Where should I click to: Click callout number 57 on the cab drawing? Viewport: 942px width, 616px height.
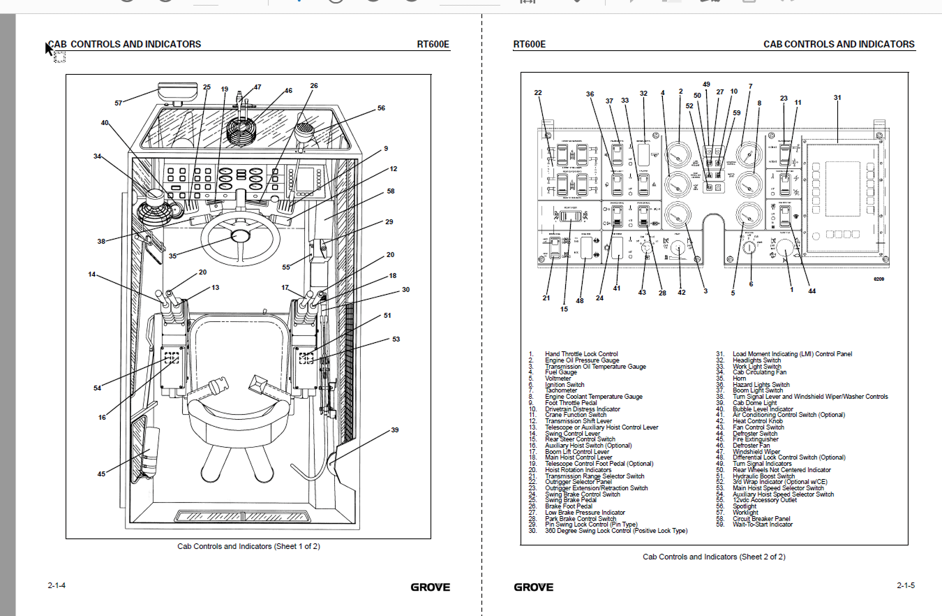(x=119, y=103)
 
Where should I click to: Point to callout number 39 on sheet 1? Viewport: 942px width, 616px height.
(x=395, y=430)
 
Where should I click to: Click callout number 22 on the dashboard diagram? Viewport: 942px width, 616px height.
(x=538, y=93)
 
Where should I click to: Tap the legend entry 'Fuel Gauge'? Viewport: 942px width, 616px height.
(x=561, y=372)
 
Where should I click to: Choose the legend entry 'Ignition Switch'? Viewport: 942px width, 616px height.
(x=565, y=385)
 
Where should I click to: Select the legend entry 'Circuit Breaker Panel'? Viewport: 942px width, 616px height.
(x=761, y=519)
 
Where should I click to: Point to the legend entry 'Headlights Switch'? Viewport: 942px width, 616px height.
(x=756, y=360)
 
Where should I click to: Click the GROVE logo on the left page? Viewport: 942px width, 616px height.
(x=430, y=587)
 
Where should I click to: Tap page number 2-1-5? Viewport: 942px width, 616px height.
(x=906, y=585)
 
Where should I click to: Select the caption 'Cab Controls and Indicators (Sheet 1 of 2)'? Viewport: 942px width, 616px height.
(x=248, y=546)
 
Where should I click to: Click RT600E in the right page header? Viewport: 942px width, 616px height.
(x=529, y=44)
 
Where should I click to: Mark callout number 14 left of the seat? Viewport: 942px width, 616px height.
(x=92, y=274)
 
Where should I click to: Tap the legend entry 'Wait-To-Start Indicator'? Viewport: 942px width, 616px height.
(x=762, y=525)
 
